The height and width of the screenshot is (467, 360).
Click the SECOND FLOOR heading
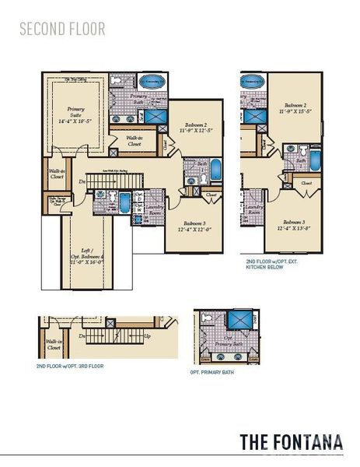[x=61, y=30]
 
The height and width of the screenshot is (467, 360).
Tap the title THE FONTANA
[x=291, y=441]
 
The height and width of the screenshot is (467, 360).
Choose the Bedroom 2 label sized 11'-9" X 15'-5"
[x=294, y=108]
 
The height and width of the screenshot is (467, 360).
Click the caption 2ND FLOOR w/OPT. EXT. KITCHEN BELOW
[x=272, y=264]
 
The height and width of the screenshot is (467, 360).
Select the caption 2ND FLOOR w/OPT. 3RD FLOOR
[x=69, y=365]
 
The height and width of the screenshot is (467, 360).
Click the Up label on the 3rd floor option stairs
[x=148, y=335]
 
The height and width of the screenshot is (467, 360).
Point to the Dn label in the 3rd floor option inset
[x=82, y=336]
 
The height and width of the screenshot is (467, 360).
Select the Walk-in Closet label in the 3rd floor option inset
[x=54, y=343]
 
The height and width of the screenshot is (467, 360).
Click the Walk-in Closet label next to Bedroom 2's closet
[x=134, y=141]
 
